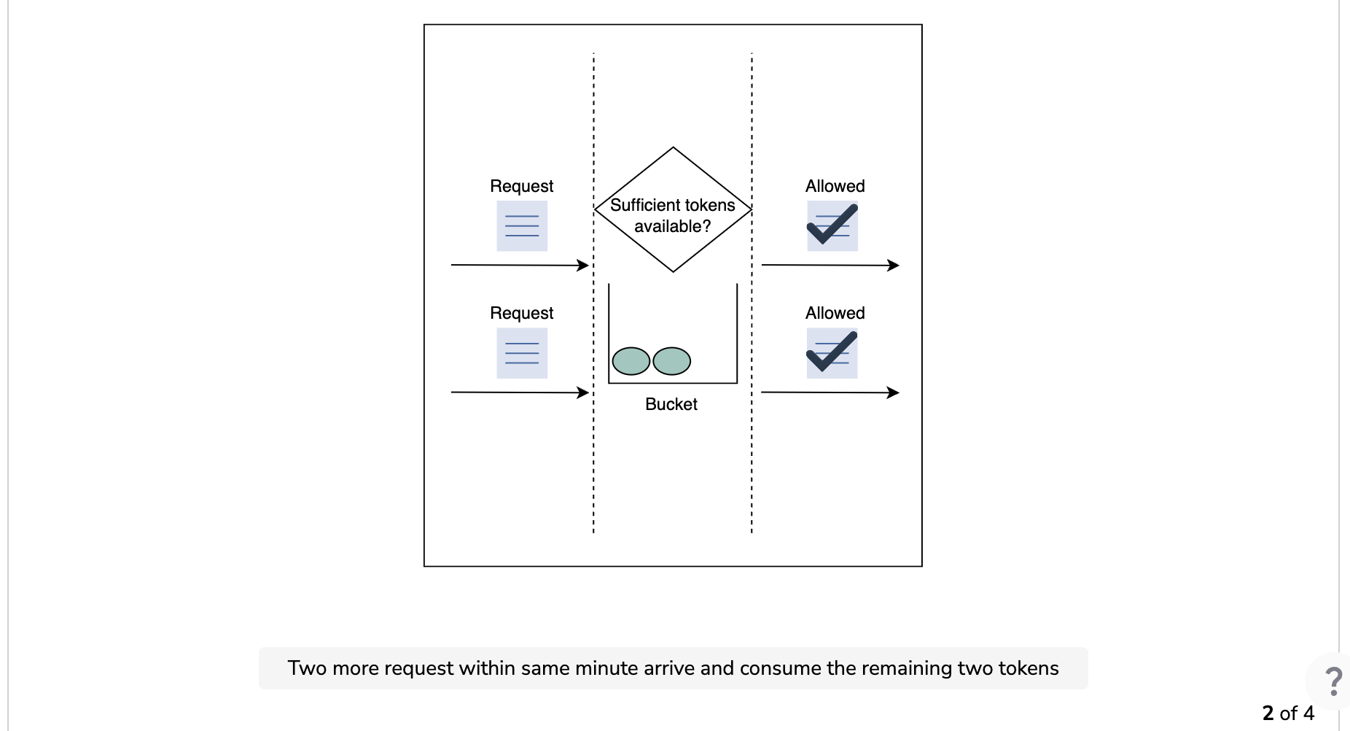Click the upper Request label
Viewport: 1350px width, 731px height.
pos(521,187)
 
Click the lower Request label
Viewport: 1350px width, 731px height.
pos(521,314)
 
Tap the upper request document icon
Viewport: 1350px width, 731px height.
pos(522,226)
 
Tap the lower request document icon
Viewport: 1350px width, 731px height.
pos(522,353)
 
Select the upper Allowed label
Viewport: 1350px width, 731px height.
pos(835,186)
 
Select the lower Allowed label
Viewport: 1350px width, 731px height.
pos(835,313)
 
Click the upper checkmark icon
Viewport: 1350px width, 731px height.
pos(832,225)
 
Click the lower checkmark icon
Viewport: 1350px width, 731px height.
pos(832,352)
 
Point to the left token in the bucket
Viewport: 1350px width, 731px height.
pos(631,361)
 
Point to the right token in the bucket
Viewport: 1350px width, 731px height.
pos(671,361)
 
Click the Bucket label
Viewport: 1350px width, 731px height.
pos(671,404)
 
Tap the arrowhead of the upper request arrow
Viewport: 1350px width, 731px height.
pos(583,266)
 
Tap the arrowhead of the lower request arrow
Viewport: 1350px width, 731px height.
pos(583,392)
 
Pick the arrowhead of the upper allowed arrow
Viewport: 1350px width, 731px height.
pos(894,266)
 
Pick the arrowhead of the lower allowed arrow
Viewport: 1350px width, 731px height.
pos(894,392)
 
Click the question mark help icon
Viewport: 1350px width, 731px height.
pos(1333,681)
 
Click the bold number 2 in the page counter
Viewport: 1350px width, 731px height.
pos(1268,713)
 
